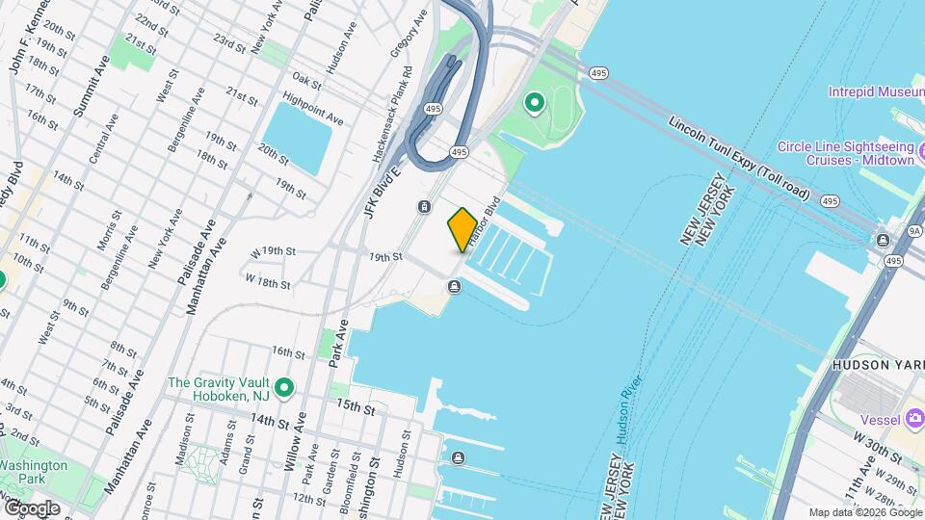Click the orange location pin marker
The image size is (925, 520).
pos(462,230)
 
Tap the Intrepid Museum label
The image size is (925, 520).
pos(875,92)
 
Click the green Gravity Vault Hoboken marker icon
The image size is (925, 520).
pos(283,389)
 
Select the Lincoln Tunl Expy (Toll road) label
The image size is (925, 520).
pos(740,159)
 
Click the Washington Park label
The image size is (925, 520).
pos(33,472)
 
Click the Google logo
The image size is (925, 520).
pos(32,507)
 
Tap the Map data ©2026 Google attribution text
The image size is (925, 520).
pos(863,512)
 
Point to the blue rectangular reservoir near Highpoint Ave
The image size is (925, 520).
pos(298,138)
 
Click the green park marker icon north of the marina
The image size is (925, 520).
pos(534,102)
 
